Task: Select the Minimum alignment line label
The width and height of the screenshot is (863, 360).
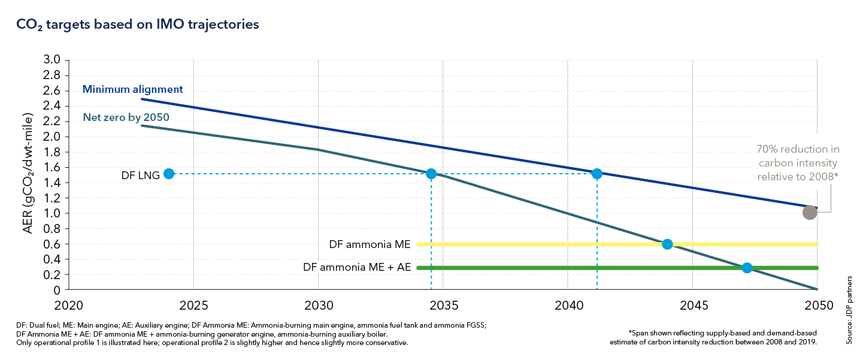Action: click(x=132, y=90)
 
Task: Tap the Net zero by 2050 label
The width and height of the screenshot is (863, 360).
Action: click(x=126, y=117)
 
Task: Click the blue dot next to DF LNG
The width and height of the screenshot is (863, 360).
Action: click(x=169, y=174)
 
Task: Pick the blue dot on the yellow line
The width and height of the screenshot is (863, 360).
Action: click(x=667, y=244)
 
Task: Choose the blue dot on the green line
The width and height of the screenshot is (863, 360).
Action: click(x=747, y=268)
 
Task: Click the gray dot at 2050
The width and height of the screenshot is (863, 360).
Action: click(x=810, y=213)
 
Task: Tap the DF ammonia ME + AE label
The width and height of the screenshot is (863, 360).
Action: click(x=357, y=268)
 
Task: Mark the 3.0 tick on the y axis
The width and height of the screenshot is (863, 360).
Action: click(x=53, y=60)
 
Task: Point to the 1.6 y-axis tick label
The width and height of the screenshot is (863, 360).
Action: click(x=53, y=167)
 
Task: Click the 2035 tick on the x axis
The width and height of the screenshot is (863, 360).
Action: click(x=443, y=305)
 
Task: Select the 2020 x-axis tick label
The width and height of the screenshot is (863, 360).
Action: click(x=69, y=305)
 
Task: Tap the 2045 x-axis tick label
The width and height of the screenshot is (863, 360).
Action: click(x=692, y=305)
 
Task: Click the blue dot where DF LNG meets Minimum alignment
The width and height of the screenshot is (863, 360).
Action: click(x=596, y=174)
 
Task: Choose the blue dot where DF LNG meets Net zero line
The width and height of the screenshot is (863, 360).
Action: click(x=431, y=174)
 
